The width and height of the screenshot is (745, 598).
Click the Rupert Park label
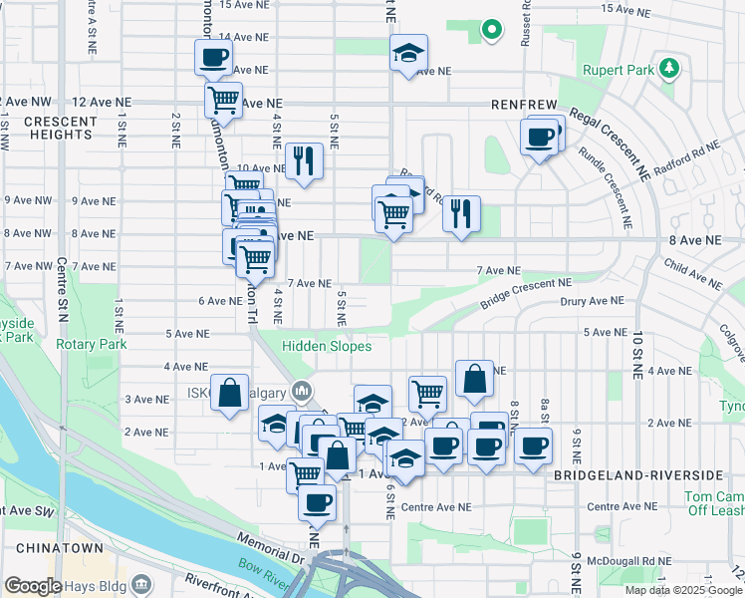626,70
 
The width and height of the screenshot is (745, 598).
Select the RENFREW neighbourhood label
523,104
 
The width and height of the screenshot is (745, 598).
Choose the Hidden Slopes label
326,346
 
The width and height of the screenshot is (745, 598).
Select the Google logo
32,586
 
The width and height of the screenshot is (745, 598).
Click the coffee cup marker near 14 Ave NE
213,59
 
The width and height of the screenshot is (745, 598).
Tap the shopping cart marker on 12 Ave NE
224,100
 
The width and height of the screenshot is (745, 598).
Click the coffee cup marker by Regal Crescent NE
540,137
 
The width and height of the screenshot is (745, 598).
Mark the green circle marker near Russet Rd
490,31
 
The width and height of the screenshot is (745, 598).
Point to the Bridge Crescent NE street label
526,292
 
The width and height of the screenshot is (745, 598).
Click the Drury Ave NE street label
592,300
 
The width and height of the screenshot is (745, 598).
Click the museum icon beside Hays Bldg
140,583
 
